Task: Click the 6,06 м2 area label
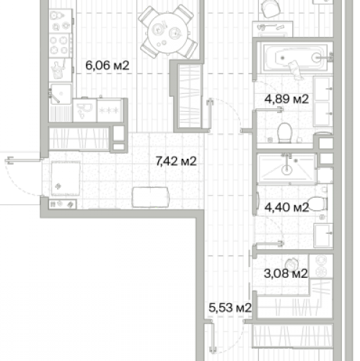click(107, 66)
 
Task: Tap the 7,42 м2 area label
click(176, 161)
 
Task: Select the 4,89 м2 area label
click(286, 99)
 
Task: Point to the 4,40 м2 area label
click(286, 207)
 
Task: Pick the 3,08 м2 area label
click(286, 274)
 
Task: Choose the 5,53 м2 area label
click(230, 308)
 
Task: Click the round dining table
click(167, 34)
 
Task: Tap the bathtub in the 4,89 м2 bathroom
click(295, 58)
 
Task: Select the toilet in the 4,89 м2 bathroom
click(284, 133)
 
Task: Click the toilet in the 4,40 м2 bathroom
click(317, 204)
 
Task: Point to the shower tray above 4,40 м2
click(287, 169)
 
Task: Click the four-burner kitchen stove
click(60, 45)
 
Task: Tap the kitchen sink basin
click(61, 94)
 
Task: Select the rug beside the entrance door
click(66, 178)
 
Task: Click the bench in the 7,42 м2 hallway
click(151, 197)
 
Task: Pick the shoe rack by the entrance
click(63, 204)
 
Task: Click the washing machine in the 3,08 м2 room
click(321, 266)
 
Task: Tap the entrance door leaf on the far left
click(24, 160)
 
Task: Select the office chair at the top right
click(271, 8)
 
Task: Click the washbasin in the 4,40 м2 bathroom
click(323, 235)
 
